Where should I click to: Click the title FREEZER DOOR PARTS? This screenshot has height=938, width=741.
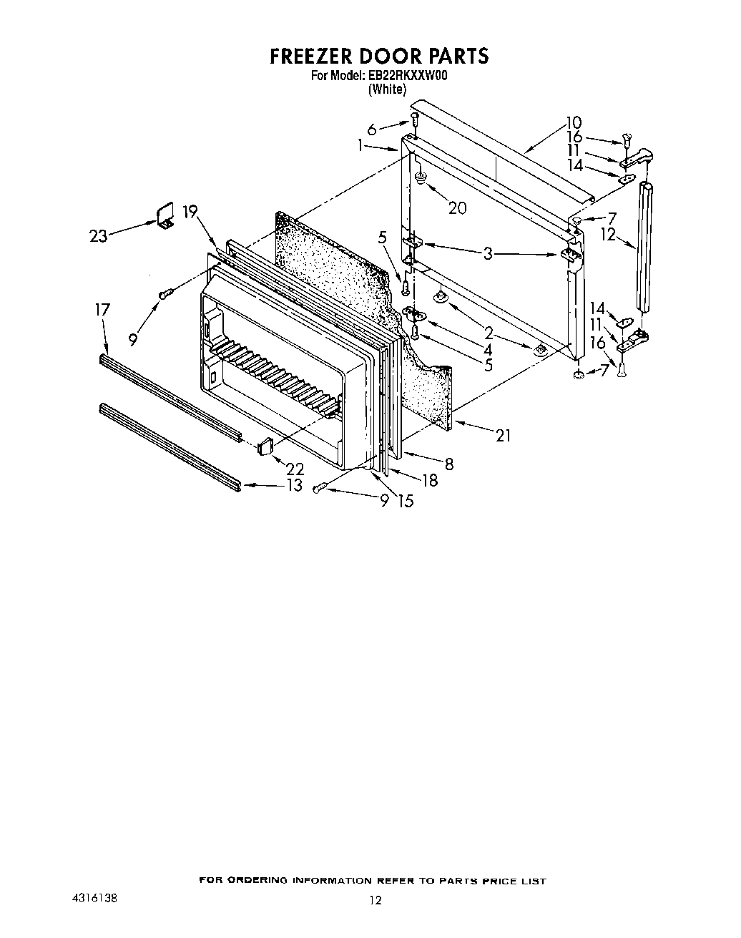tap(379, 56)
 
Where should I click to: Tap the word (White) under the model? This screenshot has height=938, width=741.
tap(386, 89)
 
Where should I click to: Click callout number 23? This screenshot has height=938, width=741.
tap(99, 235)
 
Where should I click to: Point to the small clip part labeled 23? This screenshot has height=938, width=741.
tap(166, 215)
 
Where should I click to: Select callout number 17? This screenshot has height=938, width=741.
tap(102, 309)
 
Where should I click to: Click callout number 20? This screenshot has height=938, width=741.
tap(457, 207)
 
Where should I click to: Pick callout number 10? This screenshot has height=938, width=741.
tap(574, 122)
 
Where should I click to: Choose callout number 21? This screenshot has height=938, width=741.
tap(504, 435)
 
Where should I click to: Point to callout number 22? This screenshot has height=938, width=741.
tap(295, 469)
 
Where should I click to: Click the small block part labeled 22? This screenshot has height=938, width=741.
tap(265, 446)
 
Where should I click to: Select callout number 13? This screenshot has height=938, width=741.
tap(295, 485)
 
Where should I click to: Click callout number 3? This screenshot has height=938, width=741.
tap(489, 253)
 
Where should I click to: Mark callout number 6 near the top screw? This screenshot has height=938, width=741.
tap(372, 130)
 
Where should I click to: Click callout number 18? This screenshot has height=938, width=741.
tap(429, 480)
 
